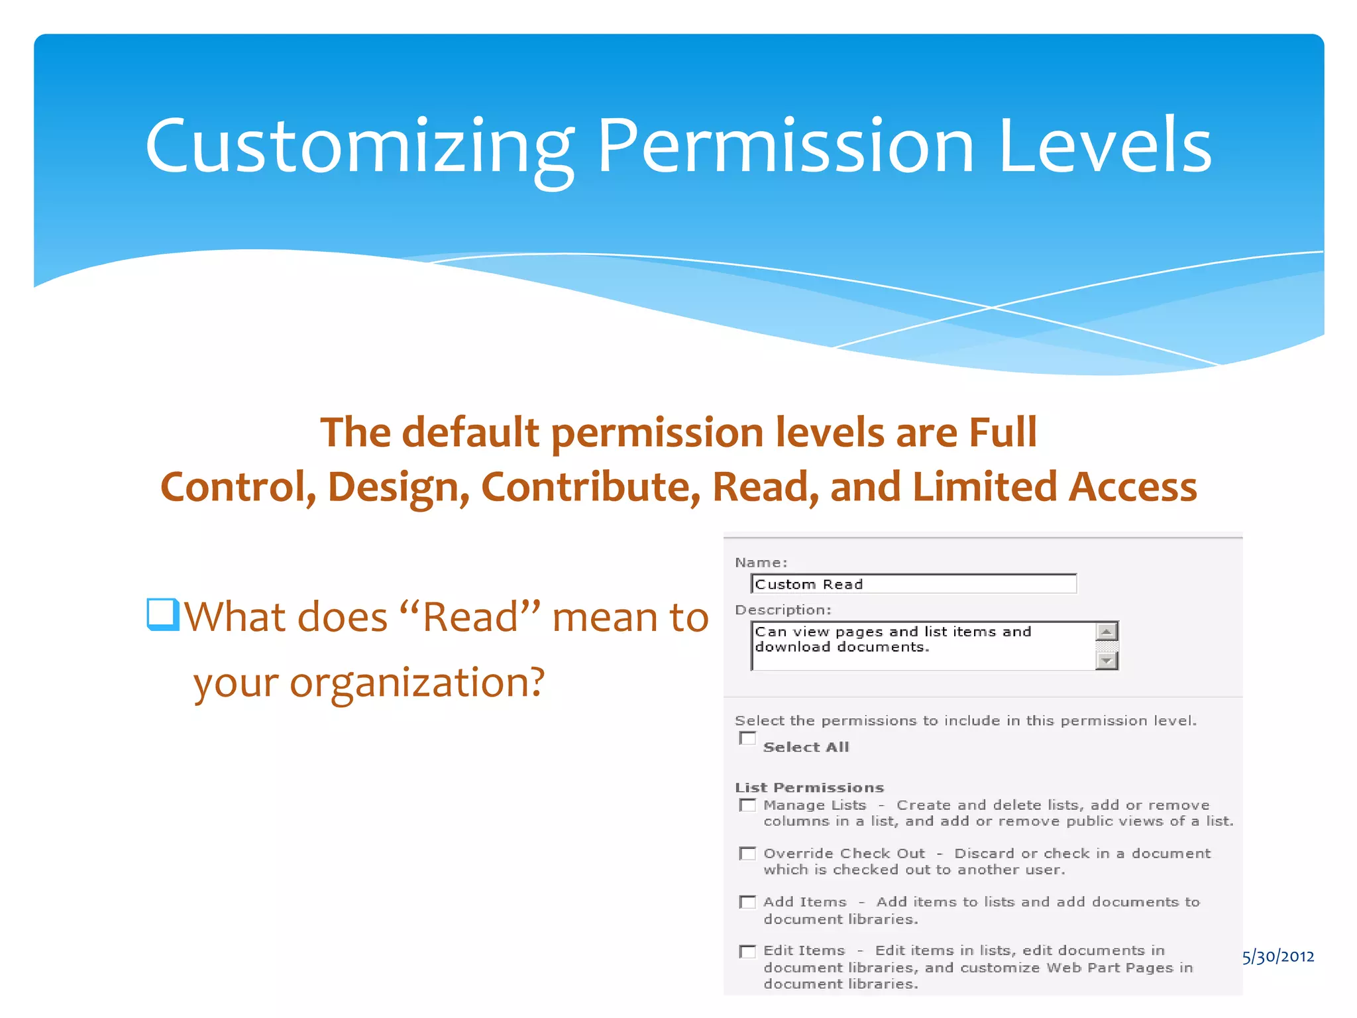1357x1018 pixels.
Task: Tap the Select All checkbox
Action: [747, 738]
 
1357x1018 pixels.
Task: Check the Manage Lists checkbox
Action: [747, 805]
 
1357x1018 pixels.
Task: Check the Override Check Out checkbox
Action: [747, 854]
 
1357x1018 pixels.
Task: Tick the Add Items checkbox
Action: [747, 902]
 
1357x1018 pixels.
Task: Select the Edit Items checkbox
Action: [747, 951]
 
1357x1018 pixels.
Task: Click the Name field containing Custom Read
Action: [913, 584]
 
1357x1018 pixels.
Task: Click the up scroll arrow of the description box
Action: [1106, 632]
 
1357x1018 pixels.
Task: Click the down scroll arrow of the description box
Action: [1106, 660]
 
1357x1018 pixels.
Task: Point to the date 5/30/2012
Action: [1278, 956]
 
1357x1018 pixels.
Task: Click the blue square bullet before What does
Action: [162, 614]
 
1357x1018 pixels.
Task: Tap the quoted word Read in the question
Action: [471, 617]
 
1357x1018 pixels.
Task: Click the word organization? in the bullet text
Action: [417, 682]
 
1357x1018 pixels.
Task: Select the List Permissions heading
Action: [809, 787]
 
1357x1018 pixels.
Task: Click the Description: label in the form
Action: [783, 610]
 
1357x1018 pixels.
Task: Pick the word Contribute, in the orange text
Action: [590, 487]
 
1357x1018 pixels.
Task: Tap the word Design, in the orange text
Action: [398, 487]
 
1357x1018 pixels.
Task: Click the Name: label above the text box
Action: [761, 563]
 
